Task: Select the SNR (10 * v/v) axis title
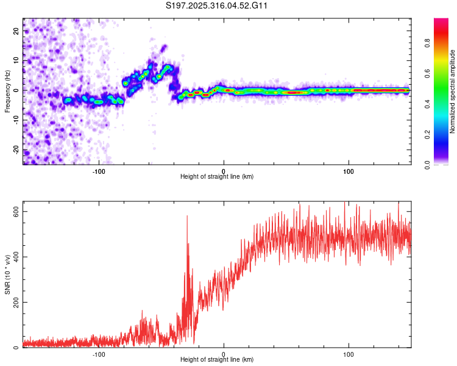point(7,278)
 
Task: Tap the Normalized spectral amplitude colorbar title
point(452,91)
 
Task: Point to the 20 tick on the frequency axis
point(16,30)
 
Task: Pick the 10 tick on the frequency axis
point(16,60)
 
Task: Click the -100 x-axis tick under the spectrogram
point(99,170)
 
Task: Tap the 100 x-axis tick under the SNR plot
point(349,354)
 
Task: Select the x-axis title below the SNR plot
point(217,361)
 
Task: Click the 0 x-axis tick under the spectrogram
point(224,170)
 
